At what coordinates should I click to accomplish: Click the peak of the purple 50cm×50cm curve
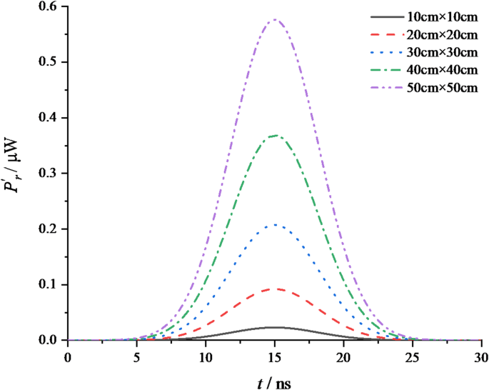pos(275,20)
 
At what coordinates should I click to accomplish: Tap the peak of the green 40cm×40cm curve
pos(275,136)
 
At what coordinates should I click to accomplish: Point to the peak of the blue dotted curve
pos(275,225)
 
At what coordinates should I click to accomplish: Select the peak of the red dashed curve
pos(275,289)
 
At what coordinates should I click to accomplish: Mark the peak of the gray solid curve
pos(275,327)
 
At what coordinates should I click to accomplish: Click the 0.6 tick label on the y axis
pos(49,7)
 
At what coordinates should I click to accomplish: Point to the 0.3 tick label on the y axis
pos(49,174)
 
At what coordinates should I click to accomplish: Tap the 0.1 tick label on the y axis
pos(49,285)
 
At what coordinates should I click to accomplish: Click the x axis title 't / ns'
pos(275,382)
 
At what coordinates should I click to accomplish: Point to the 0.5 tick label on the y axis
pos(49,63)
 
